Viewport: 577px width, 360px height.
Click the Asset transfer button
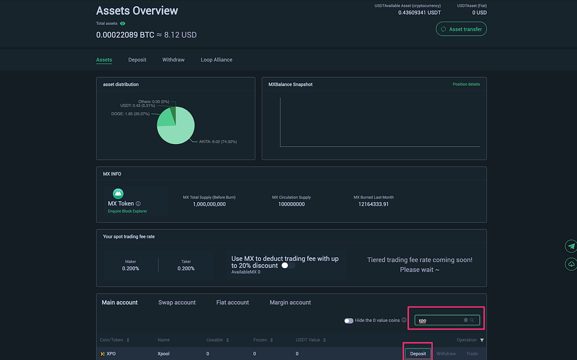pos(461,29)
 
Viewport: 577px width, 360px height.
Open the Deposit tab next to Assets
pos(137,60)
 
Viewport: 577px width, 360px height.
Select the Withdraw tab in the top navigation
pos(174,60)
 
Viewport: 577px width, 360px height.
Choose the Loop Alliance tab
pos(216,60)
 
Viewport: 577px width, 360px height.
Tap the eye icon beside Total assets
pos(122,24)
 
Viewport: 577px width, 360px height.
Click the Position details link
pos(466,85)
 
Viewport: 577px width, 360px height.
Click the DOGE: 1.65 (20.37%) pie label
pos(130,114)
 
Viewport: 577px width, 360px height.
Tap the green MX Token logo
pos(118,193)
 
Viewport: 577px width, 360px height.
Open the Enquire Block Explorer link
pos(127,211)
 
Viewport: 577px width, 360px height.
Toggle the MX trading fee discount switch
pos(288,265)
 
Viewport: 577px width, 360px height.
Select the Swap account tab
pos(177,303)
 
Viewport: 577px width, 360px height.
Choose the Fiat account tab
pos(233,303)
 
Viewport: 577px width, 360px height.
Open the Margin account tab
pos(290,303)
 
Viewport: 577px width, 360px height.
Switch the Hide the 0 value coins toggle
pos(349,321)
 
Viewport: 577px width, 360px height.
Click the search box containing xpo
pos(447,320)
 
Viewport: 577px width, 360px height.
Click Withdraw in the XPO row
pos(446,354)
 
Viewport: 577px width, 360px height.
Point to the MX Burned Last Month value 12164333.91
pos(374,205)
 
